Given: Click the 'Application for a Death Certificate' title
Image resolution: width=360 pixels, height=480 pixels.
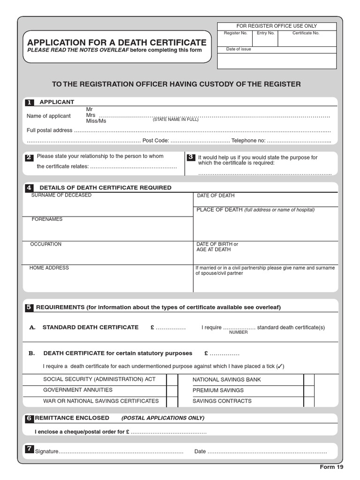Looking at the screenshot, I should pyautogui.click(x=117, y=43).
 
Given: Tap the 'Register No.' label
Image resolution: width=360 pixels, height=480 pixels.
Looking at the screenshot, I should pyautogui.click(x=235, y=33).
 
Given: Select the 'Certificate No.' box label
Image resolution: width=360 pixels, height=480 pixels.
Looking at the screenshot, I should pyautogui.click(x=306, y=33).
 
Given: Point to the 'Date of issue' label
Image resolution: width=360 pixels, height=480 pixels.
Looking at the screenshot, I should pyautogui.click(x=239, y=49).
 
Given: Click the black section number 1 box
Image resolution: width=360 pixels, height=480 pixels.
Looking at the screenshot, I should pyautogui.click(x=30, y=102).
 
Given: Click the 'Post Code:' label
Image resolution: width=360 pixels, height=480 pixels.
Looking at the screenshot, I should pyautogui.click(x=155, y=141).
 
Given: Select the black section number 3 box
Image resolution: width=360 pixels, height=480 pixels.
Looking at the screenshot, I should pyautogui.click(x=191, y=157).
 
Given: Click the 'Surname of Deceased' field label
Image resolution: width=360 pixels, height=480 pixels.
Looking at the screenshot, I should pyautogui.click(x=61, y=195).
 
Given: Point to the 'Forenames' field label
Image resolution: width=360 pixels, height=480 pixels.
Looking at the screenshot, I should pyautogui.click(x=47, y=219).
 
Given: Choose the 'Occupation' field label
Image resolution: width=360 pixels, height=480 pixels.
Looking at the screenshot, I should pyautogui.click(x=46, y=244).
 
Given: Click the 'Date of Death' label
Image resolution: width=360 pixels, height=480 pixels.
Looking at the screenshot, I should pyautogui.click(x=216, y=195).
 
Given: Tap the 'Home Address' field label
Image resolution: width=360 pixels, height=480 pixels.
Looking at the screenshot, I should pyautogui.click(x=49, y=268).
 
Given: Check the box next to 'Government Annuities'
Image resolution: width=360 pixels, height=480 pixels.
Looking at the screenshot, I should pyautogui.click(x=172, y=390).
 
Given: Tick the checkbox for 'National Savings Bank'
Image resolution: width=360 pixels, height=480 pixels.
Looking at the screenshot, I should pyautogui.click(x=309, y=379).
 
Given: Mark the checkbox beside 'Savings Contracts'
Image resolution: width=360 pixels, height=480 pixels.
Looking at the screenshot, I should pyautogui.click(x=309, y=401).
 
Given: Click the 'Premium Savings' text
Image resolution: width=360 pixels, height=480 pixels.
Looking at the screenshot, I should pyautogui.click(x=218, y=390).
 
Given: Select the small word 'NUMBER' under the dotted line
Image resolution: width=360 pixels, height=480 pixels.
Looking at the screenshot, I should pyautogui.click(x=238, y=332).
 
